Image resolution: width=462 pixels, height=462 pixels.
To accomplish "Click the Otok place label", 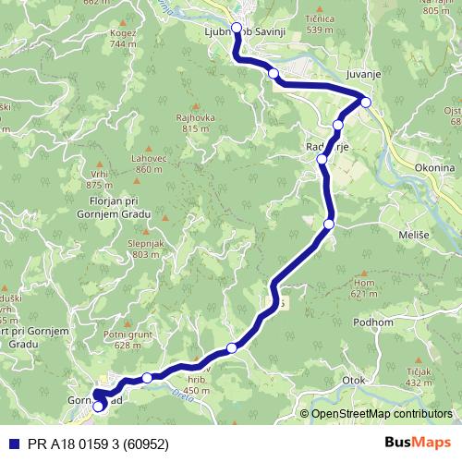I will point(356,380).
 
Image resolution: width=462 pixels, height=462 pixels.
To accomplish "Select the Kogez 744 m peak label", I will point(124,39).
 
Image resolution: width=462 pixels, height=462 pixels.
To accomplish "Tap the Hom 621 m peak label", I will point(366,288).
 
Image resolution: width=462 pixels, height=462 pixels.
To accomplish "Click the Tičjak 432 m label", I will point(421,377).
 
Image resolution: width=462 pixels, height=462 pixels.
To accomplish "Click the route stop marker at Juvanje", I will point(366,102).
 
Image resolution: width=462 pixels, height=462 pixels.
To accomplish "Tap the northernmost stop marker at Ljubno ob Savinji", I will point(237,28).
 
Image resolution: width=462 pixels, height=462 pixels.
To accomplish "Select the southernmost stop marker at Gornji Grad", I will point(99,407).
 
